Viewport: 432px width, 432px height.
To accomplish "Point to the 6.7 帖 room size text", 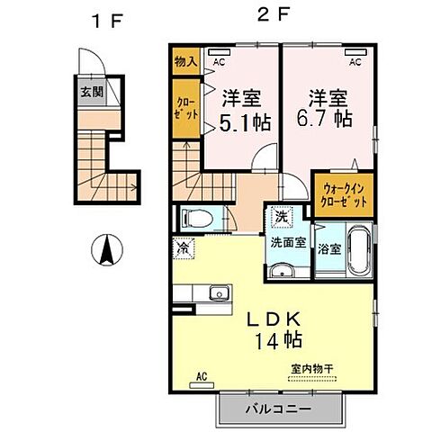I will [x=328, y=119].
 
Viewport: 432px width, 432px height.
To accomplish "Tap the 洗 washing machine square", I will [x=281, y=217].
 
